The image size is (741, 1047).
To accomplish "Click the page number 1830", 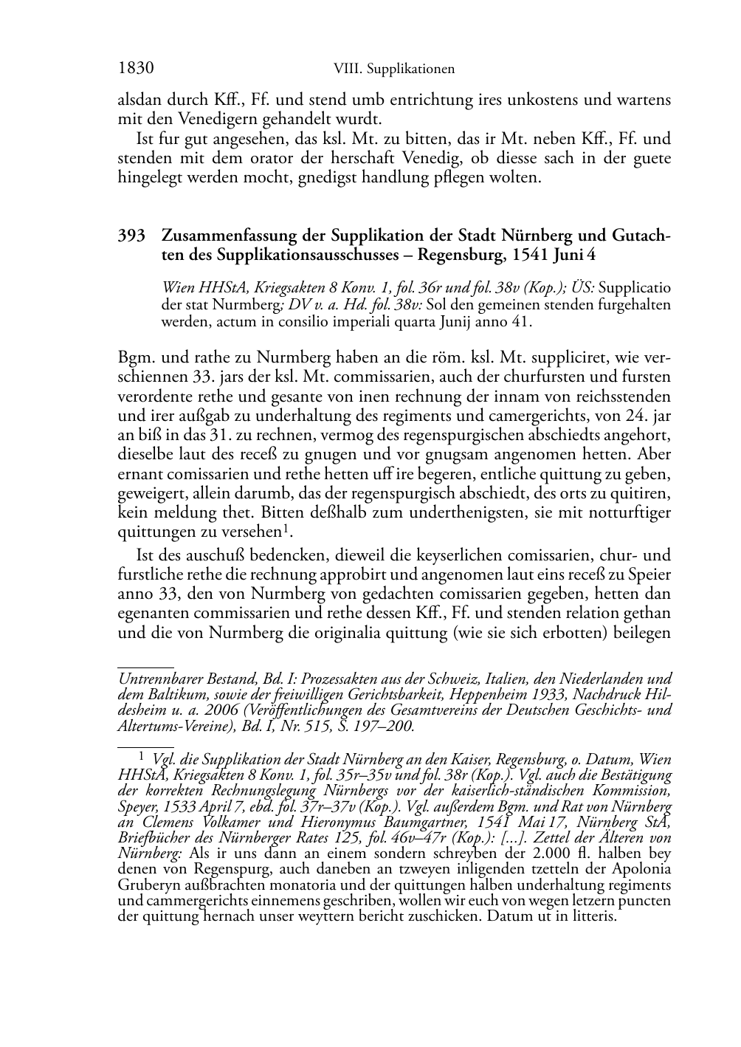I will tap(135, 69).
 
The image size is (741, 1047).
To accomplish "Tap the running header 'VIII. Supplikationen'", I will tap(393, 69).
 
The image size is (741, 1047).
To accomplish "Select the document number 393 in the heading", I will tap(131, 236).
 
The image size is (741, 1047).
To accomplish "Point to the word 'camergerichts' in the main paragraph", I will tap(526, 416).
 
